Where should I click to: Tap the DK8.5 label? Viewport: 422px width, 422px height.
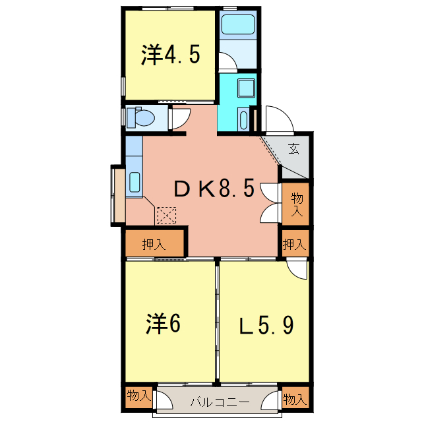214,189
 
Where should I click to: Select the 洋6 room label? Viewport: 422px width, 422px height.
163,324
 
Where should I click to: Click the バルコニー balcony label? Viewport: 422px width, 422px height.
220,402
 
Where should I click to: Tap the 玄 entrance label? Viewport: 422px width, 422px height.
294,148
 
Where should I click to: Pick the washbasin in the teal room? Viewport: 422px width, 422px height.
247,88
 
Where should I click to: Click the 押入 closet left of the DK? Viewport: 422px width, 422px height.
154,244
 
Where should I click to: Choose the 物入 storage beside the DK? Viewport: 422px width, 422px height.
297,204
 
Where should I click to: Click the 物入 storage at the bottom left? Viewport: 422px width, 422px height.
138,397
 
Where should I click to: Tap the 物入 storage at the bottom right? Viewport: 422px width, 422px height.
295,398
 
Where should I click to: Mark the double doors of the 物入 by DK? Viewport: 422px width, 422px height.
271,204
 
